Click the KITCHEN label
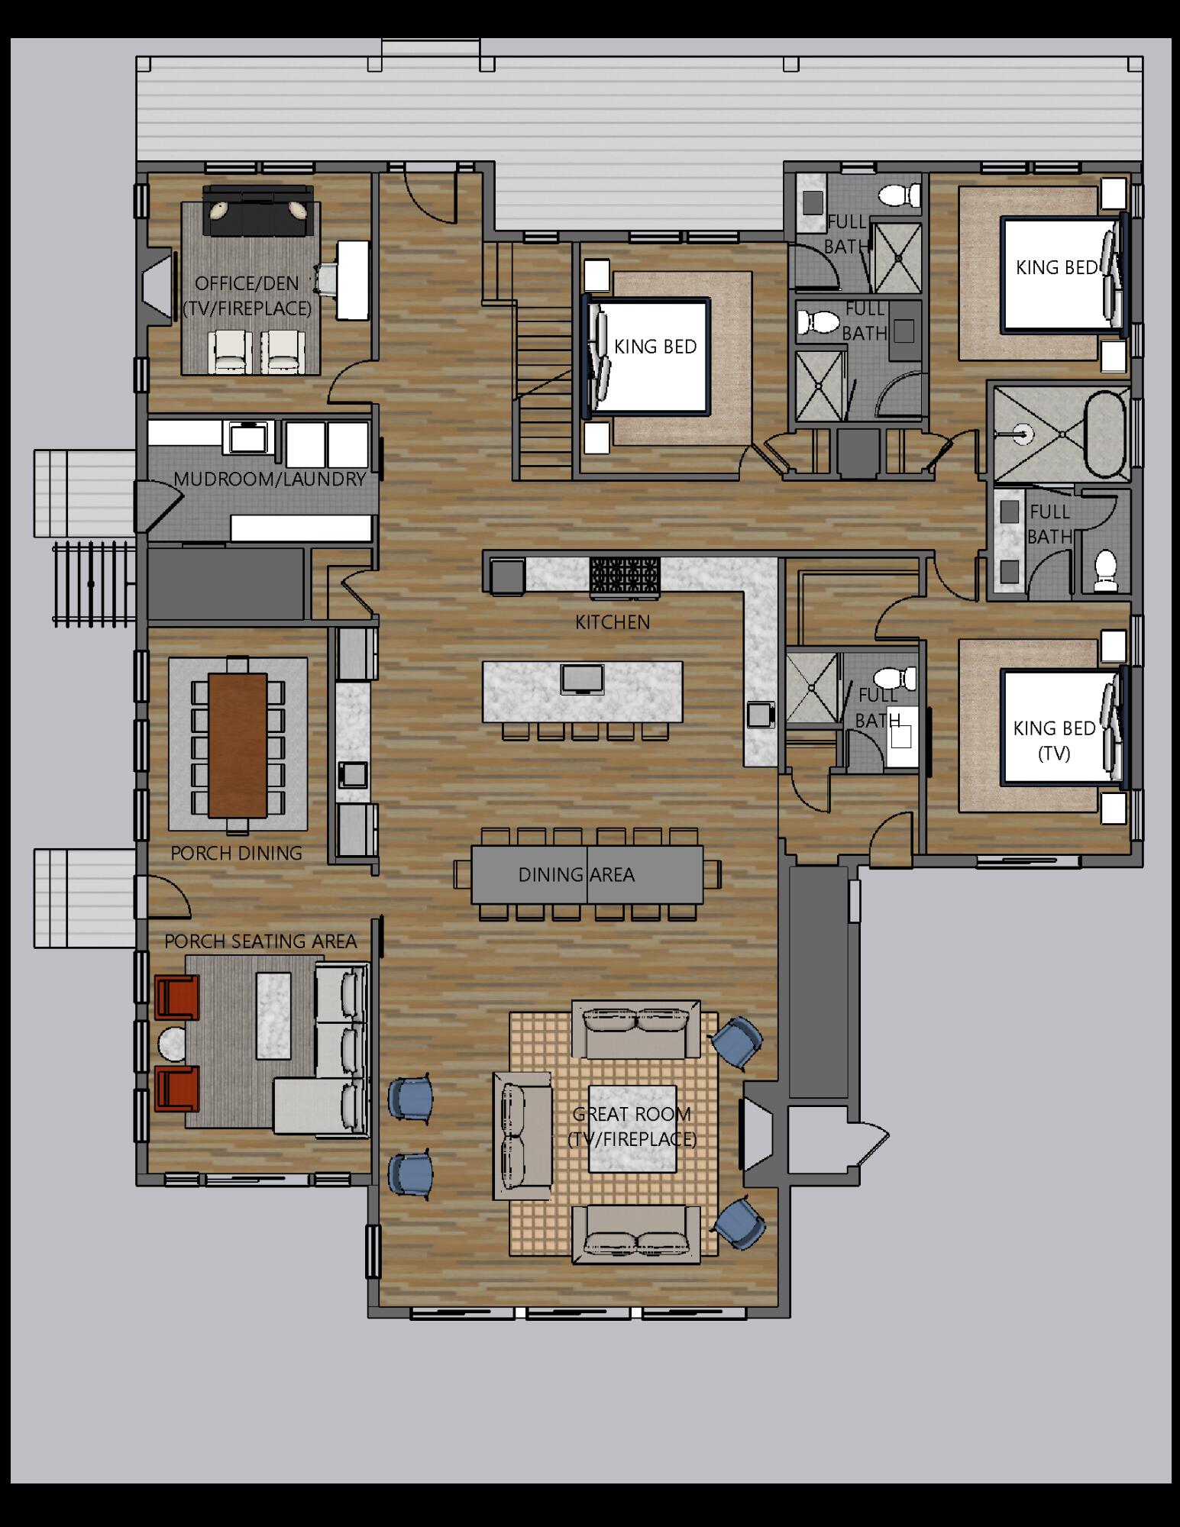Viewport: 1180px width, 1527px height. click(613, 622)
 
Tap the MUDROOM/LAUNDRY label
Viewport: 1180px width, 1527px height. click(270, 479)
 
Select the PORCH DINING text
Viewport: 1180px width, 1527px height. click(236, 853)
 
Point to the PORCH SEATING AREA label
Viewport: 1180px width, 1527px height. click(260, 941)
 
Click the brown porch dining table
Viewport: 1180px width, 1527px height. click(238, 744)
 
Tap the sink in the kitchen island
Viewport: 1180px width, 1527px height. click(582, 678)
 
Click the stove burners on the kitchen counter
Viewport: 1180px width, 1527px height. click(625, 575)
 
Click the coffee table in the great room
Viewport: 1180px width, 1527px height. click(632, 1128)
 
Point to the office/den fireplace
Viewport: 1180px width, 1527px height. click(159, 286)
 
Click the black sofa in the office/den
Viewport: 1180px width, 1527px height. click(258, 211)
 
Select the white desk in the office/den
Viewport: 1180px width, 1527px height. click(353, 279)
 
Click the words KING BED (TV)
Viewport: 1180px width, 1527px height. click(1054, 741)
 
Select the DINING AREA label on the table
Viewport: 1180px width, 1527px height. click(577, 874)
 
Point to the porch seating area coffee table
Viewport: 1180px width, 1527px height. click(273, 1014)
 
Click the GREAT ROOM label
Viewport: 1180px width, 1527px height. click(632, 1114)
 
